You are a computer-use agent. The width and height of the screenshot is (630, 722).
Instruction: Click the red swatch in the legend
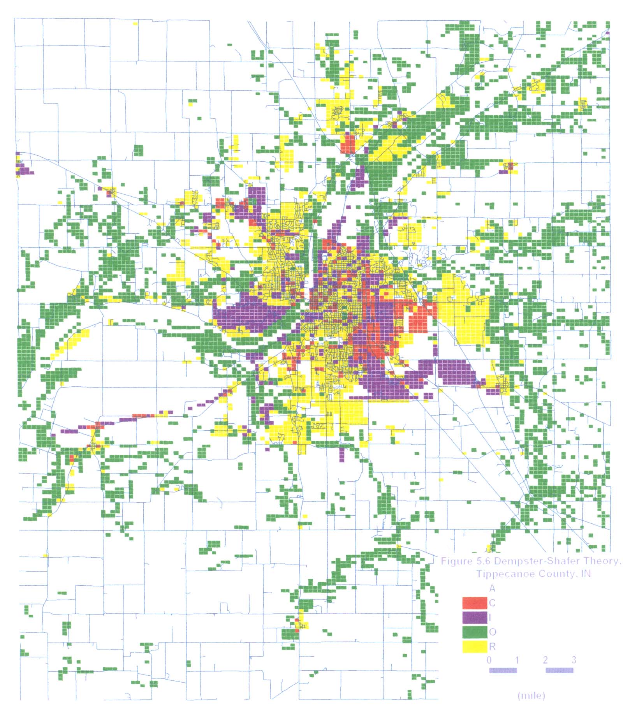click(x=474, y=603)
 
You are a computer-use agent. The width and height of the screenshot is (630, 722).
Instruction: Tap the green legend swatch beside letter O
click(x=474, y=632)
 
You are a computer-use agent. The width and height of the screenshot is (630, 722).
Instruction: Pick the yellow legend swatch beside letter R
click(x=474, y=647)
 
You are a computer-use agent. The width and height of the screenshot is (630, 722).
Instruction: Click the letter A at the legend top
click(x=492, y=589)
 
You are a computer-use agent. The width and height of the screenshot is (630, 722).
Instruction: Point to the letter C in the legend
click(x=492, y=603)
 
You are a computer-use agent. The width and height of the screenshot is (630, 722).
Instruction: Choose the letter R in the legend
click(x=492, y=647)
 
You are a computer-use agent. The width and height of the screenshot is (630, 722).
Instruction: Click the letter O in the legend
click(x=492, y=632)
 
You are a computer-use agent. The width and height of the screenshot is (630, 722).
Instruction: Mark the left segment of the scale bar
click(x=503, y=670)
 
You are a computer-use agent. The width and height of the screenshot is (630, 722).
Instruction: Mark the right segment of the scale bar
click(x=559, y=670)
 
